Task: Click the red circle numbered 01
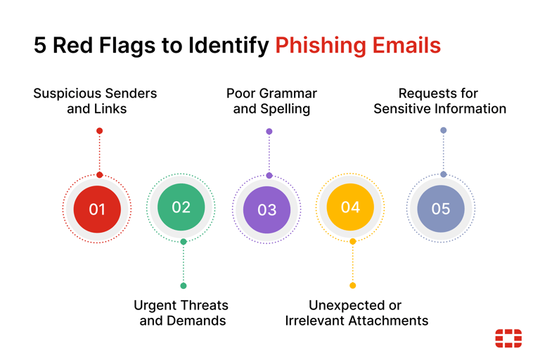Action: point(97,209)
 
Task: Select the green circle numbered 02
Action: point(181,207)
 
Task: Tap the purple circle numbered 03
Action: point(267,210)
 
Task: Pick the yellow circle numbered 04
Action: point(350,207)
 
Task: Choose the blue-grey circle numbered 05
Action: point(441,209)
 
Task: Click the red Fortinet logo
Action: point(508,338)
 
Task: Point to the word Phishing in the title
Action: point(320,46)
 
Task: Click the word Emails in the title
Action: point(406,45)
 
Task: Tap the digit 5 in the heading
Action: point(40,45)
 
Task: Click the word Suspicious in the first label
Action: point(67,94)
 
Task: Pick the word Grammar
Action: point(288,94)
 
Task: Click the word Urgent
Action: point(155,306)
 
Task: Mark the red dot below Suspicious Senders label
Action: point(100,131)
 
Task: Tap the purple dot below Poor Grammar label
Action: point(269,131)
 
